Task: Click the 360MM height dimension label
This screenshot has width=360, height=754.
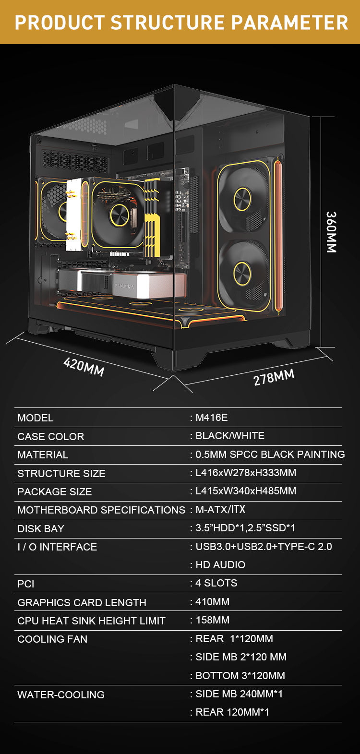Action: coord(331,232)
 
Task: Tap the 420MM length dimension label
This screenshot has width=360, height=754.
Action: coord(84,367)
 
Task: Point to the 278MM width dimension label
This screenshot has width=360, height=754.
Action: coord(274,377)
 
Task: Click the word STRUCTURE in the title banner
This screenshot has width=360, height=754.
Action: coord(168,23)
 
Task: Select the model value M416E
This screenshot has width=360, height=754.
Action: coord(212,418)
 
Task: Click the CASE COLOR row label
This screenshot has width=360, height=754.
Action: coord(51,437)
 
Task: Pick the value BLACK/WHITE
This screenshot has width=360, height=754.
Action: coord(230,436)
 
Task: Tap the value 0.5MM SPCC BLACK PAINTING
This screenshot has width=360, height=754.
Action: coord(270,455)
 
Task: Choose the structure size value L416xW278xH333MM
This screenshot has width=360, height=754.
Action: coord(246,473)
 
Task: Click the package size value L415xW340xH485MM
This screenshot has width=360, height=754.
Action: coord(246,491)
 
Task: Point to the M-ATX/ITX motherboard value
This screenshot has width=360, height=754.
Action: coord(221,509)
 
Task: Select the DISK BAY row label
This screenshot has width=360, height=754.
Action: coord(41,529)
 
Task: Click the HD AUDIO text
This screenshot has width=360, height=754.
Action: coord(221,565)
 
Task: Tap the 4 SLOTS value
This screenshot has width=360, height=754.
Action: coord(216,583)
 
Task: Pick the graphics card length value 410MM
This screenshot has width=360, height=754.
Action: coord(213,602)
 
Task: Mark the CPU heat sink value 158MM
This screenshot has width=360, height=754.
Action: coord(213,620)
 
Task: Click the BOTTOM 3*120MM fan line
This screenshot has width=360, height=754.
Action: coord(240,676)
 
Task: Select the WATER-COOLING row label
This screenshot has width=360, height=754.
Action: coord(61,695)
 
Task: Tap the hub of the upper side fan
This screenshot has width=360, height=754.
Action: coord(242,199)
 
